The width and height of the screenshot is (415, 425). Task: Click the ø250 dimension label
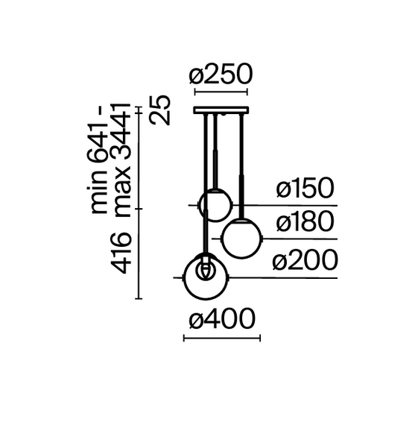click(x=221, y=75)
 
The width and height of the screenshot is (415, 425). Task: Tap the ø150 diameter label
click(x=304, y=189)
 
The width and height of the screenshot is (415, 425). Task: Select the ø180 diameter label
click(x=304, y=223)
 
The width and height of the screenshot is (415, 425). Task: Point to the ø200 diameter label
click(x=304, y=261)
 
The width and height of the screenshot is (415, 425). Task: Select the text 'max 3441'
click(x=124, y=160)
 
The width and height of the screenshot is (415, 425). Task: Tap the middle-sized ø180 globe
click(x=241, y=239)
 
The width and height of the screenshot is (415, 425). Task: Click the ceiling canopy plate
click(x=221, y=111)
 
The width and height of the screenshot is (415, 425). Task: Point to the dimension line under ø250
click(x=221, y=93)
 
